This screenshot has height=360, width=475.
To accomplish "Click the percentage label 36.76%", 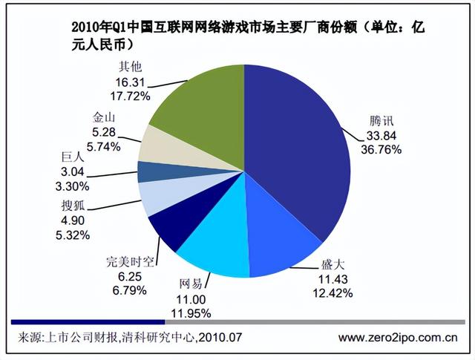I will click(x=381, y=149).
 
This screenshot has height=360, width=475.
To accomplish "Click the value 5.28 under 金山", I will click(x=102, y=131).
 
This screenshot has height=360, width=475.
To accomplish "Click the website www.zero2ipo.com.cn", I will click(x=398, y=338).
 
